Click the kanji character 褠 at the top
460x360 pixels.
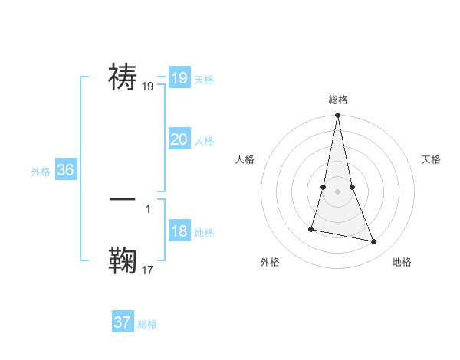click(x=123, y=77)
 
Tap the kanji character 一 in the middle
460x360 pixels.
click(x=123, y=198)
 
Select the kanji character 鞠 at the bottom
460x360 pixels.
click(x=123, y=260)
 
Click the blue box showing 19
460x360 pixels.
click(x=179, y=77)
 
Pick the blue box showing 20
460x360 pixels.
click(x=179, y=139)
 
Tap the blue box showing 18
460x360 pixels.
click(x=179, y=232)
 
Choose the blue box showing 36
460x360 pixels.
click(x=65, y=170)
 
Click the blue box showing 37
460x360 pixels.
click(x=122, y=322)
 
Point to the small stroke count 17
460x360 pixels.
click(x=148, y=270)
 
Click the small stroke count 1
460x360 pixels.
click(x=147, y=208)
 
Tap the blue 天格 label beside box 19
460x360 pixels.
click(x=204, y=79)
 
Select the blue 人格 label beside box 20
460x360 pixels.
click(x=204, y=141)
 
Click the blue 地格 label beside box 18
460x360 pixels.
click(x=204, y=233)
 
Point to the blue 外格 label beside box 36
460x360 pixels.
click(x=41, y=172)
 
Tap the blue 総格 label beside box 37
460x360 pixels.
click(x=147, y=324)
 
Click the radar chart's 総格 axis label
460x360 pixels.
click(x=337, y=100)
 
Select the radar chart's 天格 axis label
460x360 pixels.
click(x=431, y=159)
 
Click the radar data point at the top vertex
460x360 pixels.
click(x=337, y=116)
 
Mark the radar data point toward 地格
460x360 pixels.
click(x=374, y=242)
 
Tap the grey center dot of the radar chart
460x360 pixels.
click(x=337, y=191)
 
